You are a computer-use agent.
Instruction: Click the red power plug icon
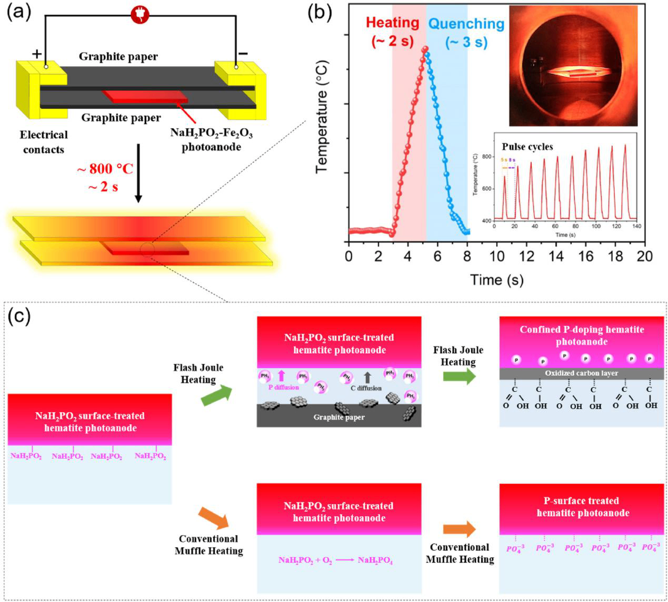(x=140, y=15)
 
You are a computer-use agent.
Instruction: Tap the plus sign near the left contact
(x=37, y=54)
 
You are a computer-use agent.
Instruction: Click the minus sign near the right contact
(x=243, y=53)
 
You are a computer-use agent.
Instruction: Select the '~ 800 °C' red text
(x=105, y=169)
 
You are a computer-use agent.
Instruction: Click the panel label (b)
(x=319, y=12)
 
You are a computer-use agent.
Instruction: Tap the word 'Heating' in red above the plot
(x=392, y=23)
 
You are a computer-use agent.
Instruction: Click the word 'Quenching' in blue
(x=466, y=24)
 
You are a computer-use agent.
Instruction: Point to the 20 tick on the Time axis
(x=644, y=257)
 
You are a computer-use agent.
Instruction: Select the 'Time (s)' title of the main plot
(x=496, y=280)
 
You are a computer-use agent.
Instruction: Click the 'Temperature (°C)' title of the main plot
(x=322, y=117)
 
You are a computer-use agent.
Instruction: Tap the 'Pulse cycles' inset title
(x=527, y=147)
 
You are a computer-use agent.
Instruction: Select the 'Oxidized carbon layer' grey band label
(x=581, y=373)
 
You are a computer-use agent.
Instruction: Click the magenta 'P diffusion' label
(x=283, y=387)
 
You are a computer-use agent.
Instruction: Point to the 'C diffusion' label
(x=366, y=388)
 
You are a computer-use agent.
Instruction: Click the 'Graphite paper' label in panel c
(x=338, y=417)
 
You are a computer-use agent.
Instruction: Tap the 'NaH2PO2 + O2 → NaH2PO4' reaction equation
(x=335, y=560)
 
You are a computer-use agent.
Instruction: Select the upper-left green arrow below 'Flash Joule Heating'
(x=216, y=395)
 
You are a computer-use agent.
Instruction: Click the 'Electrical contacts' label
(x=44, y=142)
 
